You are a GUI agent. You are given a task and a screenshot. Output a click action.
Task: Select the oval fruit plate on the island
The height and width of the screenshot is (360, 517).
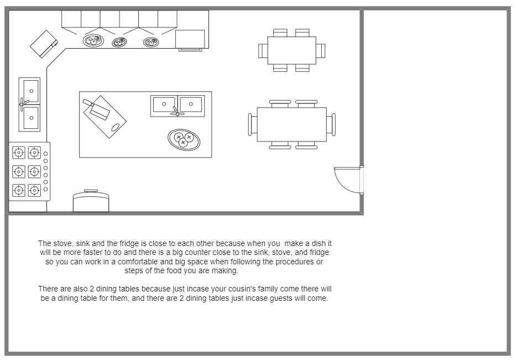tap(184, 139)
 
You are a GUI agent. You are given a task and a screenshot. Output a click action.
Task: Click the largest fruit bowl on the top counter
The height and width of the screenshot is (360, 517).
tap(92, 40)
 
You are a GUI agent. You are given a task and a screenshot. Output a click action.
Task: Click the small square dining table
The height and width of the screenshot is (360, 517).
tap(291, 50)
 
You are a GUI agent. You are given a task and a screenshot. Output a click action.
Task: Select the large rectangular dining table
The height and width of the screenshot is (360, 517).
tap(291, 124)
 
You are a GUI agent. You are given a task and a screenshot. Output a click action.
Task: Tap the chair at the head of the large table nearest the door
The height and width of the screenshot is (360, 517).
tap(331, 124)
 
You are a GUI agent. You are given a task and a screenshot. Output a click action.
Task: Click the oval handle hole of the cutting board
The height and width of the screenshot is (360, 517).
tap(116, 127)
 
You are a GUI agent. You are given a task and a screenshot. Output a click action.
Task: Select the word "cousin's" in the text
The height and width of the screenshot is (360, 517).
tap(220, 289)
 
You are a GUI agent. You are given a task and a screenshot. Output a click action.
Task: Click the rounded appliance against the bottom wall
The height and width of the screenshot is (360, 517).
tap(91, 202)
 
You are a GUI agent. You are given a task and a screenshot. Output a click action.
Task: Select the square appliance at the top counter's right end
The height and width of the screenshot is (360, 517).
tap(190, 39)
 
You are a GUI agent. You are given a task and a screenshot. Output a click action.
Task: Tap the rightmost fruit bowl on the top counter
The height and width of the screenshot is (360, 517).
tap(151, 41)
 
